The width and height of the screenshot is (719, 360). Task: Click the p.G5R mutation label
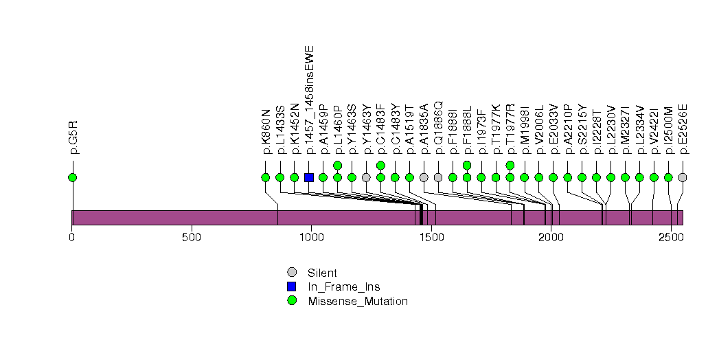(x=73, y=137)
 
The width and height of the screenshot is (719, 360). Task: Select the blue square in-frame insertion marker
(x=309, y=177)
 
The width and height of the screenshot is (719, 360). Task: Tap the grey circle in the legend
(x=292, y=273)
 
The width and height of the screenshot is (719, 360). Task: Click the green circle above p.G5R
(x=73, y=177)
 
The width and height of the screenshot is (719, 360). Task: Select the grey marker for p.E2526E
(x=683, y=177)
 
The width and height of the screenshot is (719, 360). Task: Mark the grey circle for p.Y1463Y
(x=367, y=177)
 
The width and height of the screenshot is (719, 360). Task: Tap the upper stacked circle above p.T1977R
(x=510, y=165)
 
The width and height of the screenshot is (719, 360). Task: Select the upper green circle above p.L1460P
(x=338, y=165)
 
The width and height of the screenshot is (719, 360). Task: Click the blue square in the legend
(x=292, y=286)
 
